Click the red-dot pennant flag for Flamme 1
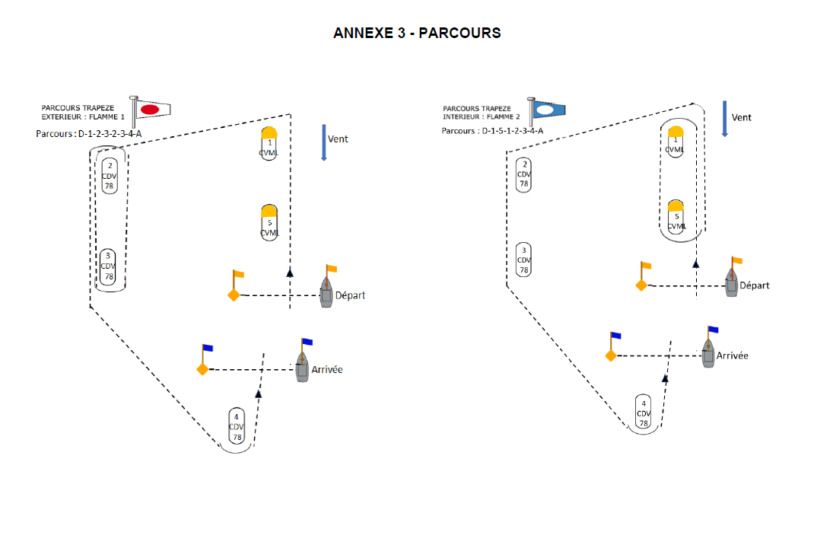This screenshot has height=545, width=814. coord(153,109)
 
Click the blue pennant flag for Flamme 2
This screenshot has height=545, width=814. coord(549,110)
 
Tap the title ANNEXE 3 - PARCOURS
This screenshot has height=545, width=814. coord(417,33)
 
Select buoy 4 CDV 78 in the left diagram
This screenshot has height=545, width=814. coord(237,426)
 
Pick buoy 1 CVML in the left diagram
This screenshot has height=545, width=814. coord(269,143)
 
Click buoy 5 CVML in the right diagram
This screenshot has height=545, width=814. coord(676,217)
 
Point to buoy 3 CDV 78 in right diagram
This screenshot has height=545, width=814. coord(524,260)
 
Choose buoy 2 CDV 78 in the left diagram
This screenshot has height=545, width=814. coord(110,176)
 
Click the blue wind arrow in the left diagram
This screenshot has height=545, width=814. coord(324,143)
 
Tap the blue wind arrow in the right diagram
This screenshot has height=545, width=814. coord(725,119)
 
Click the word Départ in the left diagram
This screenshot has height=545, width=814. coord(350,295)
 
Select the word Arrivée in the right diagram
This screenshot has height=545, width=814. coord(732,355)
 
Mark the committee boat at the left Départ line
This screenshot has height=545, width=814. coord(326,292)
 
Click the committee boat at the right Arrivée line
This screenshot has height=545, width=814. coord(708,353)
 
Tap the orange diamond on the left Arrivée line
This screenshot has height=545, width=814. coord(202,369)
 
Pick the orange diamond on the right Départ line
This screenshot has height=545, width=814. coord(641,285)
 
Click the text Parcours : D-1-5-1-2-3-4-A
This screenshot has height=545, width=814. coord(492,131)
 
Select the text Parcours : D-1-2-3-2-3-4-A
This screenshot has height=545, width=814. coord(89,133)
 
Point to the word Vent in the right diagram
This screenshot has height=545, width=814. coord(741,117)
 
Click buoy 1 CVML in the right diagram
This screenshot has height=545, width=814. coord(676,141)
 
